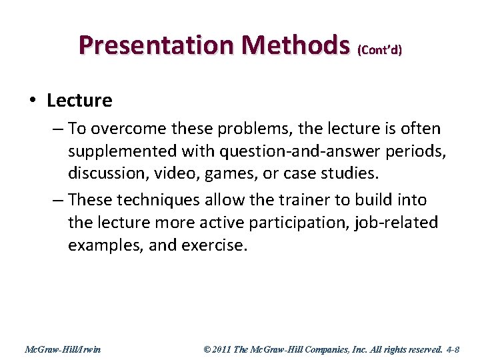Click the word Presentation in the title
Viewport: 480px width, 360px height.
pos(155,45)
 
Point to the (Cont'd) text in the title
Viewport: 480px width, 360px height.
pos(380,50)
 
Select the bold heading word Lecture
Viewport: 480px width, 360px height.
pos(79,101)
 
